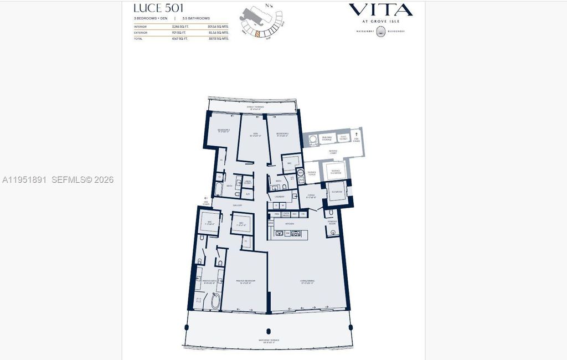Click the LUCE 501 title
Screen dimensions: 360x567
coord(156,8)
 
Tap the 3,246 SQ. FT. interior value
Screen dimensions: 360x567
coord(181,25)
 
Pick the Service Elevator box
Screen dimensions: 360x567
coord(336,171)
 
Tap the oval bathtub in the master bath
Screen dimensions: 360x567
coord(214,301)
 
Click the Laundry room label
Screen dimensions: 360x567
coord(279,196)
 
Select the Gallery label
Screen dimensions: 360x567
coord(237,205)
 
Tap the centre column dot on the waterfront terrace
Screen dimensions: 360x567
coord(268,331)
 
